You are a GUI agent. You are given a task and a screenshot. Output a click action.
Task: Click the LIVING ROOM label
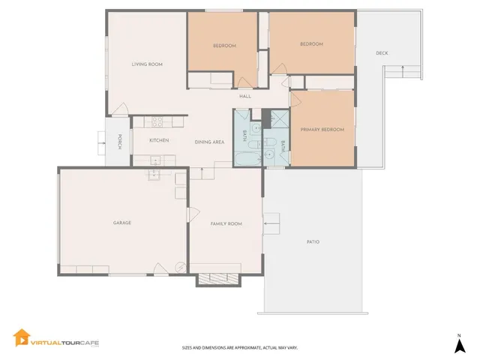[147, 64]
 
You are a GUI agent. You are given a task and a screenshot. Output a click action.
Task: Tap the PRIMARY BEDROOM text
[322, 130]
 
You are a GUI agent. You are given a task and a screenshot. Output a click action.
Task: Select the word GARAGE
[122, 223]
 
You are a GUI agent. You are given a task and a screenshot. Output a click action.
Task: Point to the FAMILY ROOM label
[225, 223]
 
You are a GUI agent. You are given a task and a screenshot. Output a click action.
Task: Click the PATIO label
[313, 242]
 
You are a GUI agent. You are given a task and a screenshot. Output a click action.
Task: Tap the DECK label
[382, 53]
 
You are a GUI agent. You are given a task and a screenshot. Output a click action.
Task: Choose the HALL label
[244, 97]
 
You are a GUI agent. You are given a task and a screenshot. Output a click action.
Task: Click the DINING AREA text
[209, 142]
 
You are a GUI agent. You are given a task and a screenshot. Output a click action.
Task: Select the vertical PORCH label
[118, 141]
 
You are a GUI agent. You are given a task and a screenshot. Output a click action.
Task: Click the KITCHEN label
[158, 140]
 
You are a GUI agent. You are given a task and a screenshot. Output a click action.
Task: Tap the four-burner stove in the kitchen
[158, 121]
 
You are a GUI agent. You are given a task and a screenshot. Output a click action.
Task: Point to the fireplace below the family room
[218, 279]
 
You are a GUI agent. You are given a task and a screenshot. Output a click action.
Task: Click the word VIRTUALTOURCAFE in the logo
[64, 341]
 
